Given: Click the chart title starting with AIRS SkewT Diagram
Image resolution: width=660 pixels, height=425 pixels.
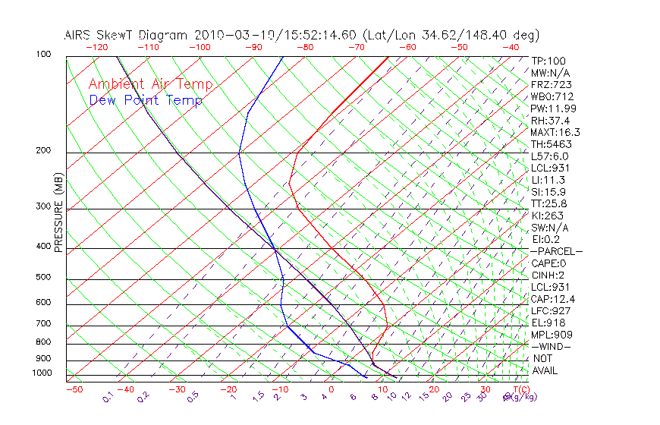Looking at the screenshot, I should coord(301,35).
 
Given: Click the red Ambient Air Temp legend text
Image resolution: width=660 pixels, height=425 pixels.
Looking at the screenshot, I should coord(151,84).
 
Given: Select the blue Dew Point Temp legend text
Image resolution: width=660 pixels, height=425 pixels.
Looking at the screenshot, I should coord(146,100).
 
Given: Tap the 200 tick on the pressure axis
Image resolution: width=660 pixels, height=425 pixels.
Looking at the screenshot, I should coord(43,151).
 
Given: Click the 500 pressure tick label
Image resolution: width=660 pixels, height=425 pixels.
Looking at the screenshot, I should coord(43,278).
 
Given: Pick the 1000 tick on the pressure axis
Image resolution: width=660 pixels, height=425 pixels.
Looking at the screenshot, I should coord(42,373).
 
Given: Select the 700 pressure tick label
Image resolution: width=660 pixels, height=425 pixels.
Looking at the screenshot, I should coord(43,325).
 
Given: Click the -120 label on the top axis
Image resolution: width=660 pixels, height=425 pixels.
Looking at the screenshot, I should coord(96,46).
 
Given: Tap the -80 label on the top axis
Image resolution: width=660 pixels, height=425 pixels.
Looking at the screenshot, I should coord(305,46).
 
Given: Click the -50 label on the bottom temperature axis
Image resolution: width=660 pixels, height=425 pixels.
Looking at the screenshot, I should coord(74,389).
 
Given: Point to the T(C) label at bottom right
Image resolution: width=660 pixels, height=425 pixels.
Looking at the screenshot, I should coord(509,389).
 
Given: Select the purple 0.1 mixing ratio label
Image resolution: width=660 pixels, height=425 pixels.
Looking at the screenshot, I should coord(108,397).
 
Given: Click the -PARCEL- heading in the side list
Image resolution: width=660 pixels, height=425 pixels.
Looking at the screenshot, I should coord(557,251).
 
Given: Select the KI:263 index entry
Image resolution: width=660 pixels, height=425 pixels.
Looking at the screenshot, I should coord(547,216).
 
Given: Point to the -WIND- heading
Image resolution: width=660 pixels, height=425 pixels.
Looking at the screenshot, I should coord(552,346).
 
